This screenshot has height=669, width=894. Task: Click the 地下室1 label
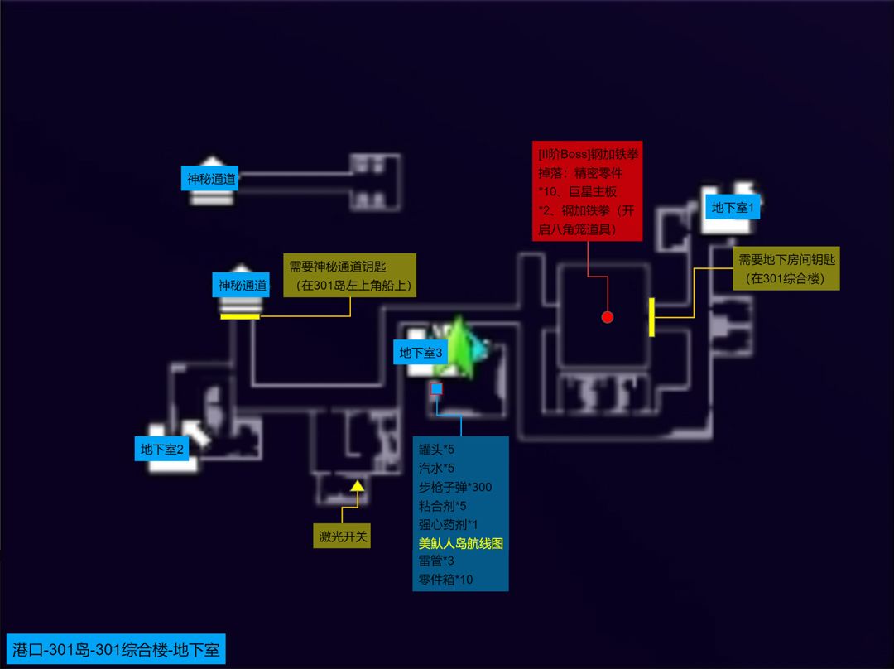732,208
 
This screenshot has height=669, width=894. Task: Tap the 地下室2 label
162,449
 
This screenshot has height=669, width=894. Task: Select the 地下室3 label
421,353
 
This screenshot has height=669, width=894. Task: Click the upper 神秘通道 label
211,179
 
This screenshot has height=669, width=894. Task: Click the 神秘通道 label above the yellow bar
243,285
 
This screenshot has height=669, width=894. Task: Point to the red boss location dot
608,317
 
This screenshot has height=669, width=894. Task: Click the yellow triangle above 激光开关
358,486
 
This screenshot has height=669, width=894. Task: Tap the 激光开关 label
342,537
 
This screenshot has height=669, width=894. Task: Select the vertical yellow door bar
651,317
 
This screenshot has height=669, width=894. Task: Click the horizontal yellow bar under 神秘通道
240,316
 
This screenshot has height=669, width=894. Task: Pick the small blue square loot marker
437,388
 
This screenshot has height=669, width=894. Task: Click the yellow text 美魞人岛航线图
461,543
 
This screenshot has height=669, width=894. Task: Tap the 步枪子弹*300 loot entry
455,487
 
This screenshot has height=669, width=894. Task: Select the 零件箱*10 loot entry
446,580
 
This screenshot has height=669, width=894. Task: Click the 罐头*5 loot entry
437,450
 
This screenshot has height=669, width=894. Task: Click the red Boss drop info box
587,191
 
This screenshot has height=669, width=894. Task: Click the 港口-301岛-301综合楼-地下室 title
116,649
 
